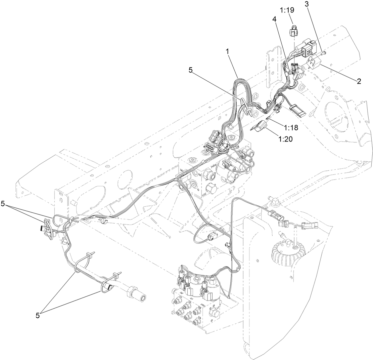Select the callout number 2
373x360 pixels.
(x=359, y=81)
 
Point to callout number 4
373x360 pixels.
(x=274, y=20)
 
